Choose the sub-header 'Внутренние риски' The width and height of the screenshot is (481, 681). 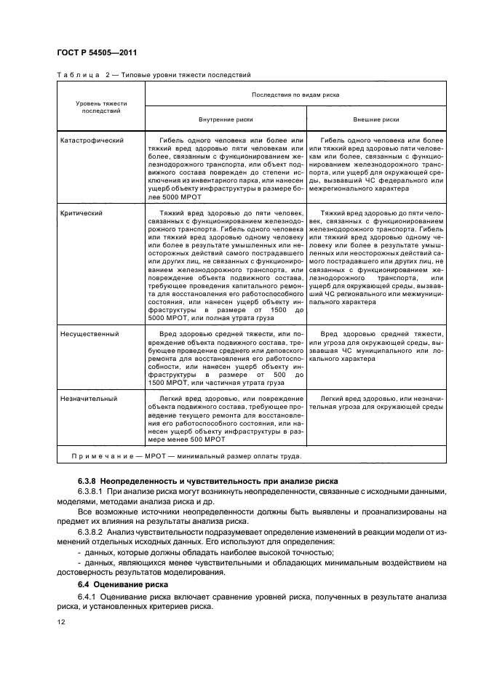(225, 119)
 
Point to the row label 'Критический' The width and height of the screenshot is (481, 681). (81, 213)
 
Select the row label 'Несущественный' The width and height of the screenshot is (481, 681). (89, 333)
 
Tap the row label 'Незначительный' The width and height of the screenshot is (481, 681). (89, 399)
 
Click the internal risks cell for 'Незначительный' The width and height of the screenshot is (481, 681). (225, 419)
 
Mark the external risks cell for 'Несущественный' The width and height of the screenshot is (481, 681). (375, 346)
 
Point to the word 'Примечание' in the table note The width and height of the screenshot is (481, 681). (97, 457)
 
